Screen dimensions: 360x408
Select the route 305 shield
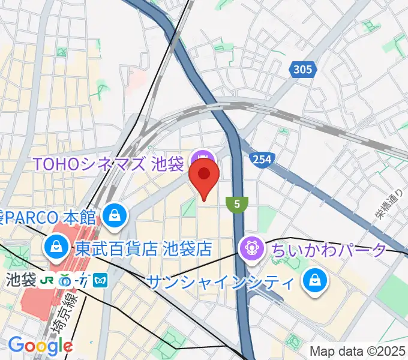(303, 70)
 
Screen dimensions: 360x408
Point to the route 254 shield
(262, 160)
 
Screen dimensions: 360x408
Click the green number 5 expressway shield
(238, 205)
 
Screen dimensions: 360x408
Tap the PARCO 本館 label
(49, 214)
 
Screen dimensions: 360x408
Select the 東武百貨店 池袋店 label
(143, 248)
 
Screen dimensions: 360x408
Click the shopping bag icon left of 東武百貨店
(56, 245)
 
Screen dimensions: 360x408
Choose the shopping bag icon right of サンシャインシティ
(313, 279)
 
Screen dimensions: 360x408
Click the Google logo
(40, 346)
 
